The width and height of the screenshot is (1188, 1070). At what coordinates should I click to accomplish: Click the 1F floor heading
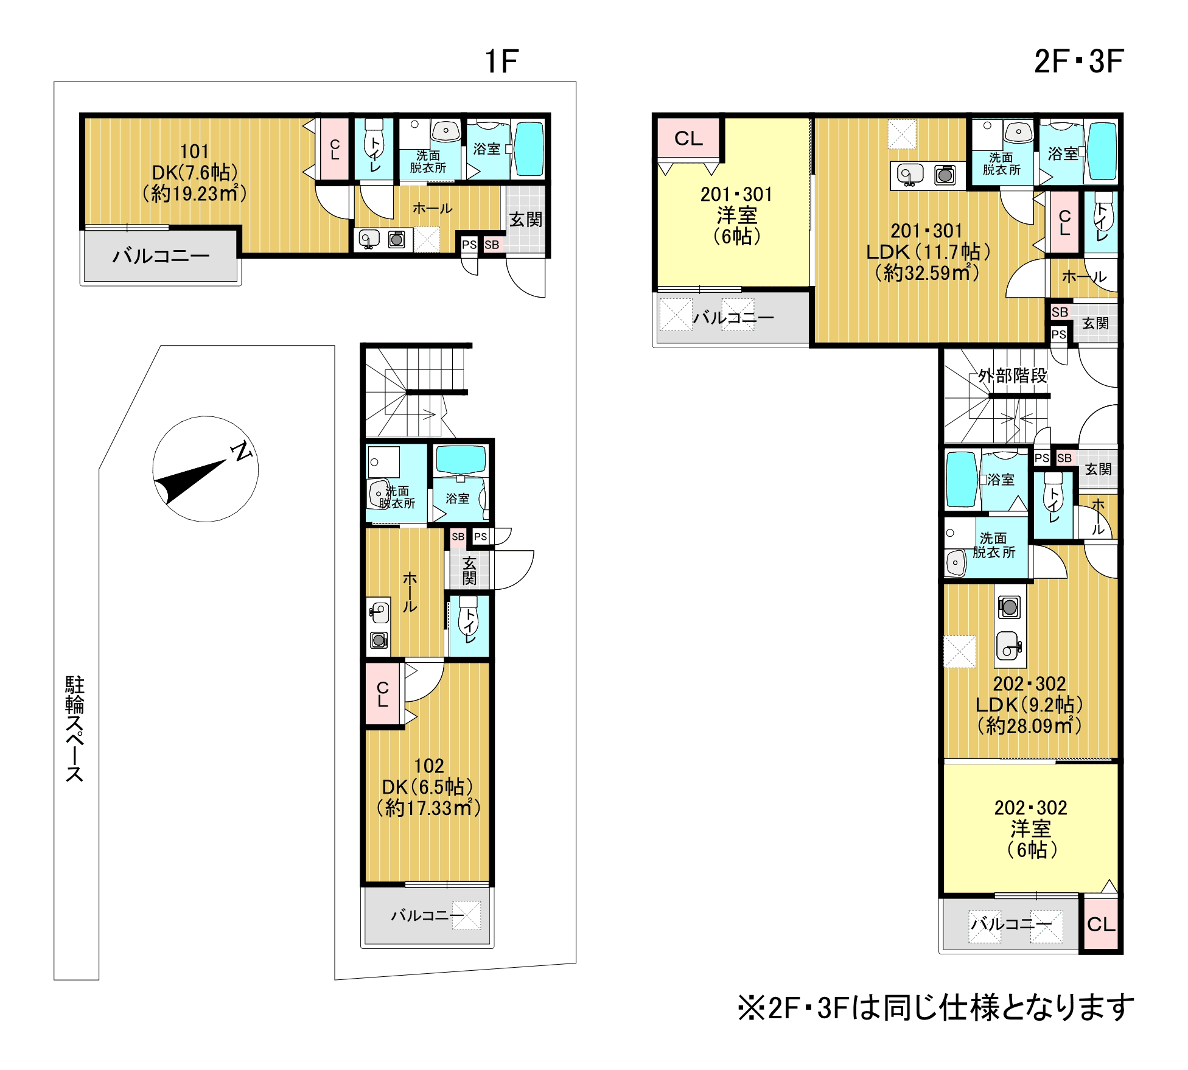pyautogui.click(x=501, y=61)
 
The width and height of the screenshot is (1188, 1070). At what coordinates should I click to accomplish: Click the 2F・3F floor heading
pyautogui.click(x=1078, y=61)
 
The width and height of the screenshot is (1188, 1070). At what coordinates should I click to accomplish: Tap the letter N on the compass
pyautogui.click(x=241, y=451)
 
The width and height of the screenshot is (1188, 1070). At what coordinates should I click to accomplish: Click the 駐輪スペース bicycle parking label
pyautogui.click(x=75, y=729)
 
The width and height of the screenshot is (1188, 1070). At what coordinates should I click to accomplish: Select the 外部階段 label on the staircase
pyautogui.click(x=1013, y=376)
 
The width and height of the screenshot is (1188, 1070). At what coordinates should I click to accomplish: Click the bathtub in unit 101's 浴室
pyautogui.click(x=528, y=149)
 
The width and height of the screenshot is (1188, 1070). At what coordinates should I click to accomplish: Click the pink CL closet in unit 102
pyautogui.click(x=382, y=694)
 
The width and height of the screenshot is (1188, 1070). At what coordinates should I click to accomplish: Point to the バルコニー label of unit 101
pyautogui.click(x=161, y=256)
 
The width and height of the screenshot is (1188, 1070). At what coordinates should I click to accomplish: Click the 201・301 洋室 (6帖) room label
pyautogui.click(x=736, y=215)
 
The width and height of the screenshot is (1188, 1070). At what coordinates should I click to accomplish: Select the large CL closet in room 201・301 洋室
pyautogui.click(x=688, y=138)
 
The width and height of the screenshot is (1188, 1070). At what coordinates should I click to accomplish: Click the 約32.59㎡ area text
pyautogui.click(x=927, y=273)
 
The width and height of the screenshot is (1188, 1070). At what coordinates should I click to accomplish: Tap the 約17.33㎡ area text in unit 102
pyautogui.click(x=428, y=808)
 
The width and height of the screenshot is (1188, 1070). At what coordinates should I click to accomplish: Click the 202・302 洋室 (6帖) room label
pyautogui.click(x=1030, y=828)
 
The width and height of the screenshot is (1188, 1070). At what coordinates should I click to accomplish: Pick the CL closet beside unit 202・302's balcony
pyautogui.click(x=1101, y=924)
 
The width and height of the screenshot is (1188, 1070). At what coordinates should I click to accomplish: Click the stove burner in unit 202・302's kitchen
pyautogui.click(x=1010, y=606)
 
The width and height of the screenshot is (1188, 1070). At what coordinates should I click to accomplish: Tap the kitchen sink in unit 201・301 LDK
pyautogui.click(x=910, y=175)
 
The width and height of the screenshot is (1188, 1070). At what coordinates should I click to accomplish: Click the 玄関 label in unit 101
pyautogui.click(x=526, y=220)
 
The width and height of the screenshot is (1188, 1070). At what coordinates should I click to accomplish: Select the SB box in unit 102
pyautogui.click(x=458, y=536)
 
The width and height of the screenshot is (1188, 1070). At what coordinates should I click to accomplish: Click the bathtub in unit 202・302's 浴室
pyautogui.click(x=962, y=480)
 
